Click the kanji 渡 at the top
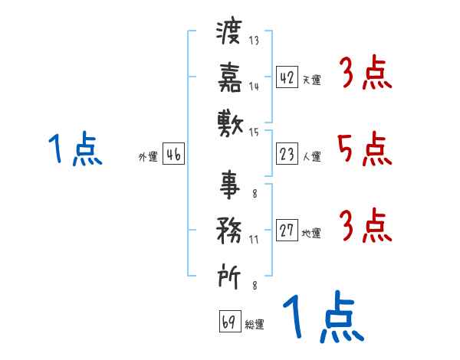(228, 31)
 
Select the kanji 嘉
(230, 77)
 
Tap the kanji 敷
(230, 124)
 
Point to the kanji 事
(230, 185)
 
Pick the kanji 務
(229, 231)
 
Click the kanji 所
(229, 276)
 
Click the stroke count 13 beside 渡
(254, 40)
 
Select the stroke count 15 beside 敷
(254, 133)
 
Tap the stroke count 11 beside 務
(254, 240)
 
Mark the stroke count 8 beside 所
(255, 285)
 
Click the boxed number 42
(287, 77)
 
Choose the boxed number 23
(287, 154)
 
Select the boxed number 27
(287, 230)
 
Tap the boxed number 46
(174, 154)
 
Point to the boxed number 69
(230, 321)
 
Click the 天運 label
(312, 80)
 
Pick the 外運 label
(148, 157)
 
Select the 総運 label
(255, 325)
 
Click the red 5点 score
(365, 149)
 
